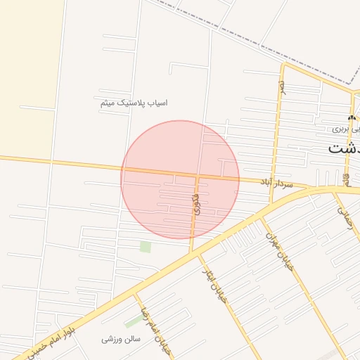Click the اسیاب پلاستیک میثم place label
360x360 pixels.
(x=134, y=103)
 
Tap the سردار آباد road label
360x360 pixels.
(x=276, y=182)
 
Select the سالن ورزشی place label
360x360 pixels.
(x=122, y=339)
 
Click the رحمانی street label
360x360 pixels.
(x=345, y=214)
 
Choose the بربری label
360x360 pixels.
(x=340, y=129)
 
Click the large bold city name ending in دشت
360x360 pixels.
(x=343, y=149)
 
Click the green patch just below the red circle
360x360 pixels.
(x=146, y=247)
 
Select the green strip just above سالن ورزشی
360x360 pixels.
(x=133, y=321)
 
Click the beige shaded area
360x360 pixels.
(x=25, y=70)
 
